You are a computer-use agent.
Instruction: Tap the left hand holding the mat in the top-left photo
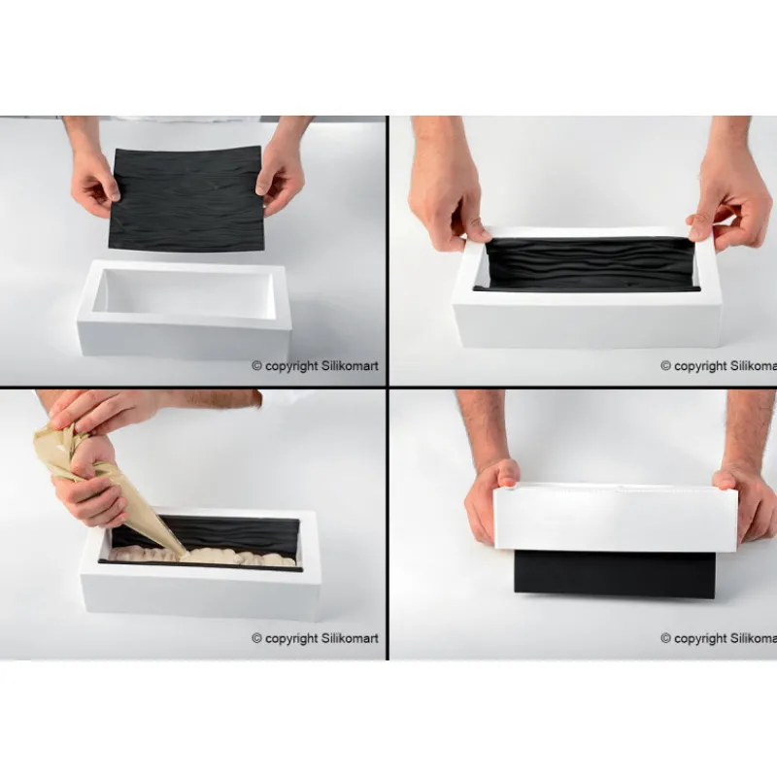95,180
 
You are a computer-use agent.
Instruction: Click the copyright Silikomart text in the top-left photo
316,366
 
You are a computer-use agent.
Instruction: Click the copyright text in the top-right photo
719,366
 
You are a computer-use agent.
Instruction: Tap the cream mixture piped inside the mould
233,557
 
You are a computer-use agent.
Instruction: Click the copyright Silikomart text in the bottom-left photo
316,638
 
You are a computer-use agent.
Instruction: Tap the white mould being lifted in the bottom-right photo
615,520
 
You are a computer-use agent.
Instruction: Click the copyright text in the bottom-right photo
719,638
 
